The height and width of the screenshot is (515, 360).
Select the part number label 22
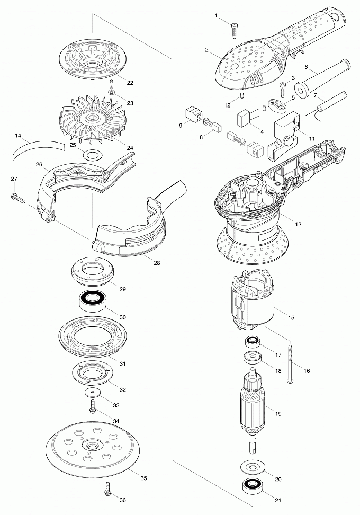tap(130, 83)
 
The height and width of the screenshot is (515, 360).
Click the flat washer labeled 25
tap(93, 155)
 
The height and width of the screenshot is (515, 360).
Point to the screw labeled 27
tap(17, 198)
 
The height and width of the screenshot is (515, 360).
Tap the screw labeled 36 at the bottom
tap(109, 491)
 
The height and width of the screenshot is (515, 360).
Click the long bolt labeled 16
tap(291, 363)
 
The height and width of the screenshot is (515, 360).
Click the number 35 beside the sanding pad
tap(143, 478)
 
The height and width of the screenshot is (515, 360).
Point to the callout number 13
tap(299, 225)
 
